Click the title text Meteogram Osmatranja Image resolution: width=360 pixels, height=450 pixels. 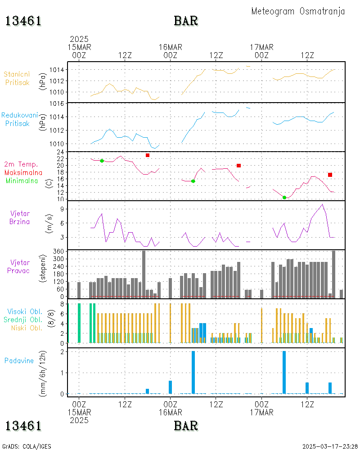pyautogui.click(x=298, y=11)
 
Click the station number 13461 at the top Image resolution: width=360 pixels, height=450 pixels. pyautogui.click(x=23, y=21)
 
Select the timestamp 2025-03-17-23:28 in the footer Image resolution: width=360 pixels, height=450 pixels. pyautogui.click(x=330, y=446)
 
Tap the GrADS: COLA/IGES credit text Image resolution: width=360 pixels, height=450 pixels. pyautogui.click(x=27, y=446)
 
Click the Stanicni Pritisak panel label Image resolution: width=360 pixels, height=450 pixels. pyautogui.click(x=17, y=78)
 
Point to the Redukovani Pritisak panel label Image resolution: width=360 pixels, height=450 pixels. pyautogui.click(x=19, y=119)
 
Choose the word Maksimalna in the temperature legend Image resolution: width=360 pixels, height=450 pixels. pyautogui.click(x=23, y=172)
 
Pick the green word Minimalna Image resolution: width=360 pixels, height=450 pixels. pyautogui.click(x=22, y=181)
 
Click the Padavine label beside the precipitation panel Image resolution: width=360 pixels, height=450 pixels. pyautogui.click(x=19, y=361)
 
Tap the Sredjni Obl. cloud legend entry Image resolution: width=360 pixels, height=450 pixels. pyautogui.click(x=23, y=319)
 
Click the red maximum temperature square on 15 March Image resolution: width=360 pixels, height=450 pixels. pyautogui.click(x=148, y=155)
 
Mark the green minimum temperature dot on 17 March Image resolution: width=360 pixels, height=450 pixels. pyautogui.click(x=284, y=198)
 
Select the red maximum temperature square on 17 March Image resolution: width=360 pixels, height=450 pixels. pyautogui.click(x=330, y=175)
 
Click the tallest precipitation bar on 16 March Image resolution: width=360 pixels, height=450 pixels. pyautogui.click(x=193, y=372)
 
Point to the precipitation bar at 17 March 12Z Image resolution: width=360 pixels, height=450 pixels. pyautogui.click(x=307, y=388)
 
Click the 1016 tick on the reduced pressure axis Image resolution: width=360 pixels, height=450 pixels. pyautogui.click(x=57, y=103)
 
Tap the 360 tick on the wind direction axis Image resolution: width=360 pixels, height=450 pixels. pyautogui.click(x=58, y=252)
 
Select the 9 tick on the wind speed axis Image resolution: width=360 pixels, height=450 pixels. pyautogui.click(x=62, y=209)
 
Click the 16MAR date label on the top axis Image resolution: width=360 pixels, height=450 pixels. pyautogui.click(x=171, y=47)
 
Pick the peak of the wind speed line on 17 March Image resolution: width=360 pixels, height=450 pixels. pyautogui.click(x=322, y=204)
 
